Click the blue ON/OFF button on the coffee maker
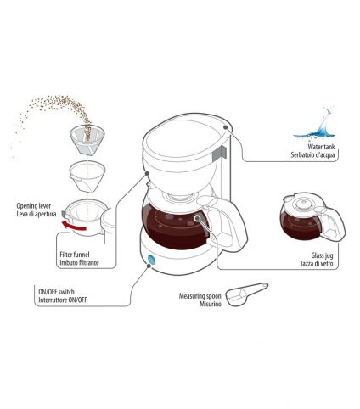coord(152,260)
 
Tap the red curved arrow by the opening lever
coord(74,227)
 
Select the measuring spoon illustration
coord(246,294)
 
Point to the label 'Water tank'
coord(321,147)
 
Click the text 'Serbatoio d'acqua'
coord(312,154)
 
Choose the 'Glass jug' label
coord(322,255)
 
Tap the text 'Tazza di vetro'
coord(317,264)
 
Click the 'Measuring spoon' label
coord(200,296)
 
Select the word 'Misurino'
coord(211,304)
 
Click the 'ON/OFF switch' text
coord(56,292)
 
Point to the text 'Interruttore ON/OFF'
coord(63,300)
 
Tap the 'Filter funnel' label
coord(75,255)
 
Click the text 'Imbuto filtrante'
coord(79,262)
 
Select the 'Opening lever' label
coord(34,206)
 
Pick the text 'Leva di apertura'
coord(37,214)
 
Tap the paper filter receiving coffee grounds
coord(87,140)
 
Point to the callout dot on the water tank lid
coord(226,127)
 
